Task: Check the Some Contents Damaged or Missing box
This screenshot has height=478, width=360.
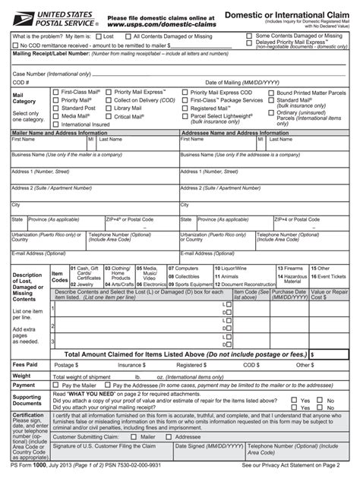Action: [x=251, y=35]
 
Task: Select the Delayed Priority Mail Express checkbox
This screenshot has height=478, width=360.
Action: [x=251, y=43]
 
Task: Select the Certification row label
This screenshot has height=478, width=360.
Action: [x=28, y=415]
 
